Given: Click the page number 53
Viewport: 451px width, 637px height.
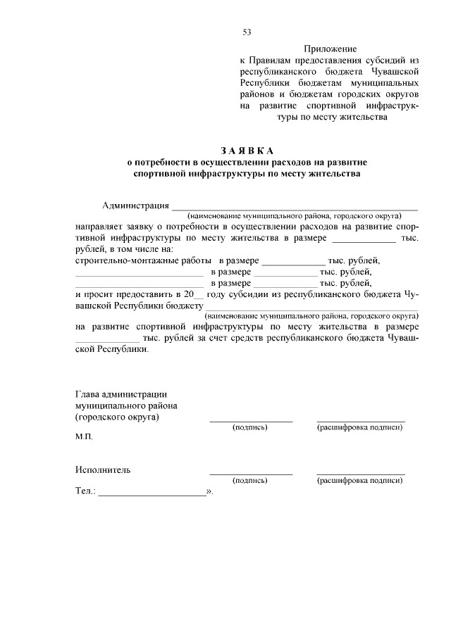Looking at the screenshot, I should click(247, 32).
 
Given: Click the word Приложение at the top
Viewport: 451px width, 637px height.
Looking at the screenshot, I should click(330, 49).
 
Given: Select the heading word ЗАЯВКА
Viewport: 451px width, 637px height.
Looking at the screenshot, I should click(247, 151).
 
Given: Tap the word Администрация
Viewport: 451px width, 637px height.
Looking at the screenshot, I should click(135, 206).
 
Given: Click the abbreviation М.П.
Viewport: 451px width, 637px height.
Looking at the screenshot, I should click(84, 436).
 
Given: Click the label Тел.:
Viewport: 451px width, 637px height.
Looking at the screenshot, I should click(85, 493).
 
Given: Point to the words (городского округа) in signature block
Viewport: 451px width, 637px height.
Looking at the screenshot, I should click(116, 417).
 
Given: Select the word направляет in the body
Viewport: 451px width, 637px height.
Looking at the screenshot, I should click(98, 228).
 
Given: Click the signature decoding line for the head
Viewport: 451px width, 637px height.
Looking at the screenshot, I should click(360, 421).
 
